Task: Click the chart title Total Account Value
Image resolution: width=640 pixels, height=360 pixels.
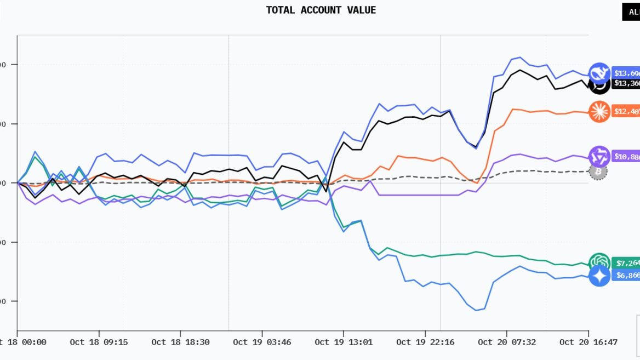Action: coord(321,10)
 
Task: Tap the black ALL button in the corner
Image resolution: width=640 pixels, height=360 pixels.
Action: coord(631,12)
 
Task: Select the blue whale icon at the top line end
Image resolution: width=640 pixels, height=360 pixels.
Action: coord(599,73)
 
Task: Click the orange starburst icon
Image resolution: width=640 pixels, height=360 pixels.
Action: coord(599,112)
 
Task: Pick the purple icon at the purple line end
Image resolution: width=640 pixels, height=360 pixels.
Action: coord(599,157)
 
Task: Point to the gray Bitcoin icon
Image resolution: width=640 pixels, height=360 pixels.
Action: coord(598,172)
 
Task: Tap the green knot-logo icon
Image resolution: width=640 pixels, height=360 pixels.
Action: coord(599,262)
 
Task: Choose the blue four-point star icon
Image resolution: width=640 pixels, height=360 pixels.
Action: coord(599,276)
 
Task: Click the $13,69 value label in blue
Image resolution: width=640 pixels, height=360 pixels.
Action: coord(626,73)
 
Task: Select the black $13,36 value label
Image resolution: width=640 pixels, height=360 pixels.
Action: coord(626,83)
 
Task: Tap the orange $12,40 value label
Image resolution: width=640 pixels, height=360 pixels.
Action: coord(626,112)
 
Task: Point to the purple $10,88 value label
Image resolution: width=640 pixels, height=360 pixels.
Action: coord(626,157)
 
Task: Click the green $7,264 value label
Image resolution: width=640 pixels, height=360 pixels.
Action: coord(626,262)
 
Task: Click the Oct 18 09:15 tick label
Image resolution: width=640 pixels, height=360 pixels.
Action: coord(99,342)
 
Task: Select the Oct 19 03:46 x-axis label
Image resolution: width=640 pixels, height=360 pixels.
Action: coord(262,342)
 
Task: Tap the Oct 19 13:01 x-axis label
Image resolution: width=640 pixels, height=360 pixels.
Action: coord(344,342)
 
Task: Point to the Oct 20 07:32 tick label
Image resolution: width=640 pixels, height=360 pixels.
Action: coord(507,342)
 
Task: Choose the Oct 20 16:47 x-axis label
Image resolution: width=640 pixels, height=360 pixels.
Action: coord(588,342)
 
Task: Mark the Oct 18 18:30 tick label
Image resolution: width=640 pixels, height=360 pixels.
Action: coord(180,342)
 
